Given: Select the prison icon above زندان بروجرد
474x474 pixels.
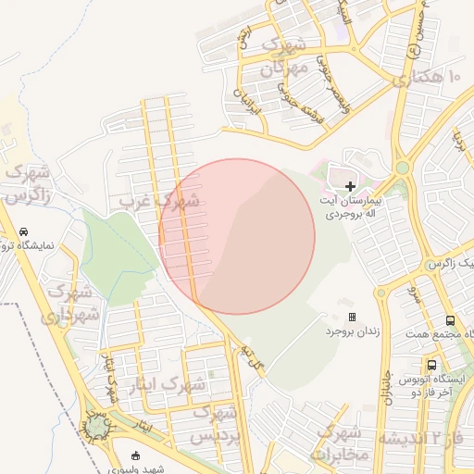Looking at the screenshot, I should pyautogui.click(x=351, y=317).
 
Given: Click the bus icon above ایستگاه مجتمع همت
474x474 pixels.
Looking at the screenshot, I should pyautogui.click(x=450, y=318).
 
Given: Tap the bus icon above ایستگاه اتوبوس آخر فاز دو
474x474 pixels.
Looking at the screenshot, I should pyautogui.click(x=431, y=365).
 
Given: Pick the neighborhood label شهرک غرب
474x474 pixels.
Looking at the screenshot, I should pyautogui.click(x=159, y=200).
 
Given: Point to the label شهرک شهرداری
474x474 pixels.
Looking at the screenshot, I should pyautogui.click(x=69, y=303).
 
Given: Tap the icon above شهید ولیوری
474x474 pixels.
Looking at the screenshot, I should pyautogui.click(x=137, y=455).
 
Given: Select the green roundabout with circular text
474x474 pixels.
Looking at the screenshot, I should pyautogui.click(x=96, y=426).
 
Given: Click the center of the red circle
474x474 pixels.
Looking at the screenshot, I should pyautogui.click(x=237, y=236).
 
